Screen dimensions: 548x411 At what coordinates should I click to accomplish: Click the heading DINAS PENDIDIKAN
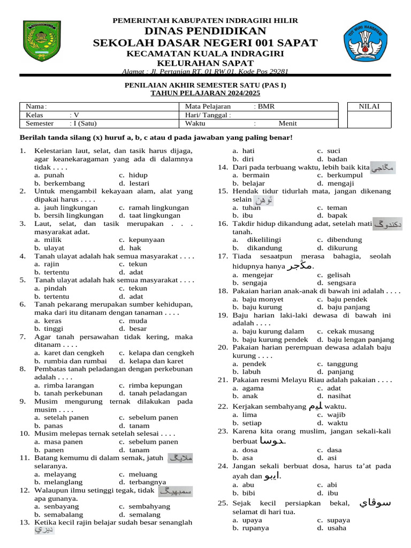coord(205,31)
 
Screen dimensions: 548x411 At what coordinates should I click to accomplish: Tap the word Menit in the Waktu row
coord(287,123)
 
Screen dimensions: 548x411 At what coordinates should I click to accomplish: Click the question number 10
coord(24,433)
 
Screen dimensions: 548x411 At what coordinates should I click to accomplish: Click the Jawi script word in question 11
coord(180,458)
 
